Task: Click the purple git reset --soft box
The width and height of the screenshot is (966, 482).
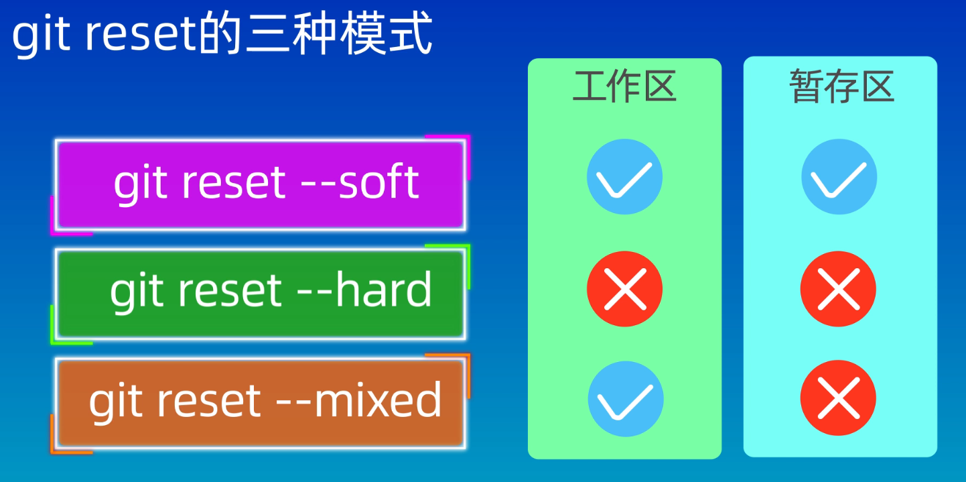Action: (260, 184)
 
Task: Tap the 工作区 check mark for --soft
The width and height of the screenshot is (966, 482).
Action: (624, 177)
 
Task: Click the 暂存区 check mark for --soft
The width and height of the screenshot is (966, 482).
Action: (839, 177)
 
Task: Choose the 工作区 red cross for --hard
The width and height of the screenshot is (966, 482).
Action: (624, 289)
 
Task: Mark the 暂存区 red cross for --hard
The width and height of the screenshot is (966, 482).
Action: (838, 289)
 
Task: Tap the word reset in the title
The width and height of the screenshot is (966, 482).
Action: (141, 36)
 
